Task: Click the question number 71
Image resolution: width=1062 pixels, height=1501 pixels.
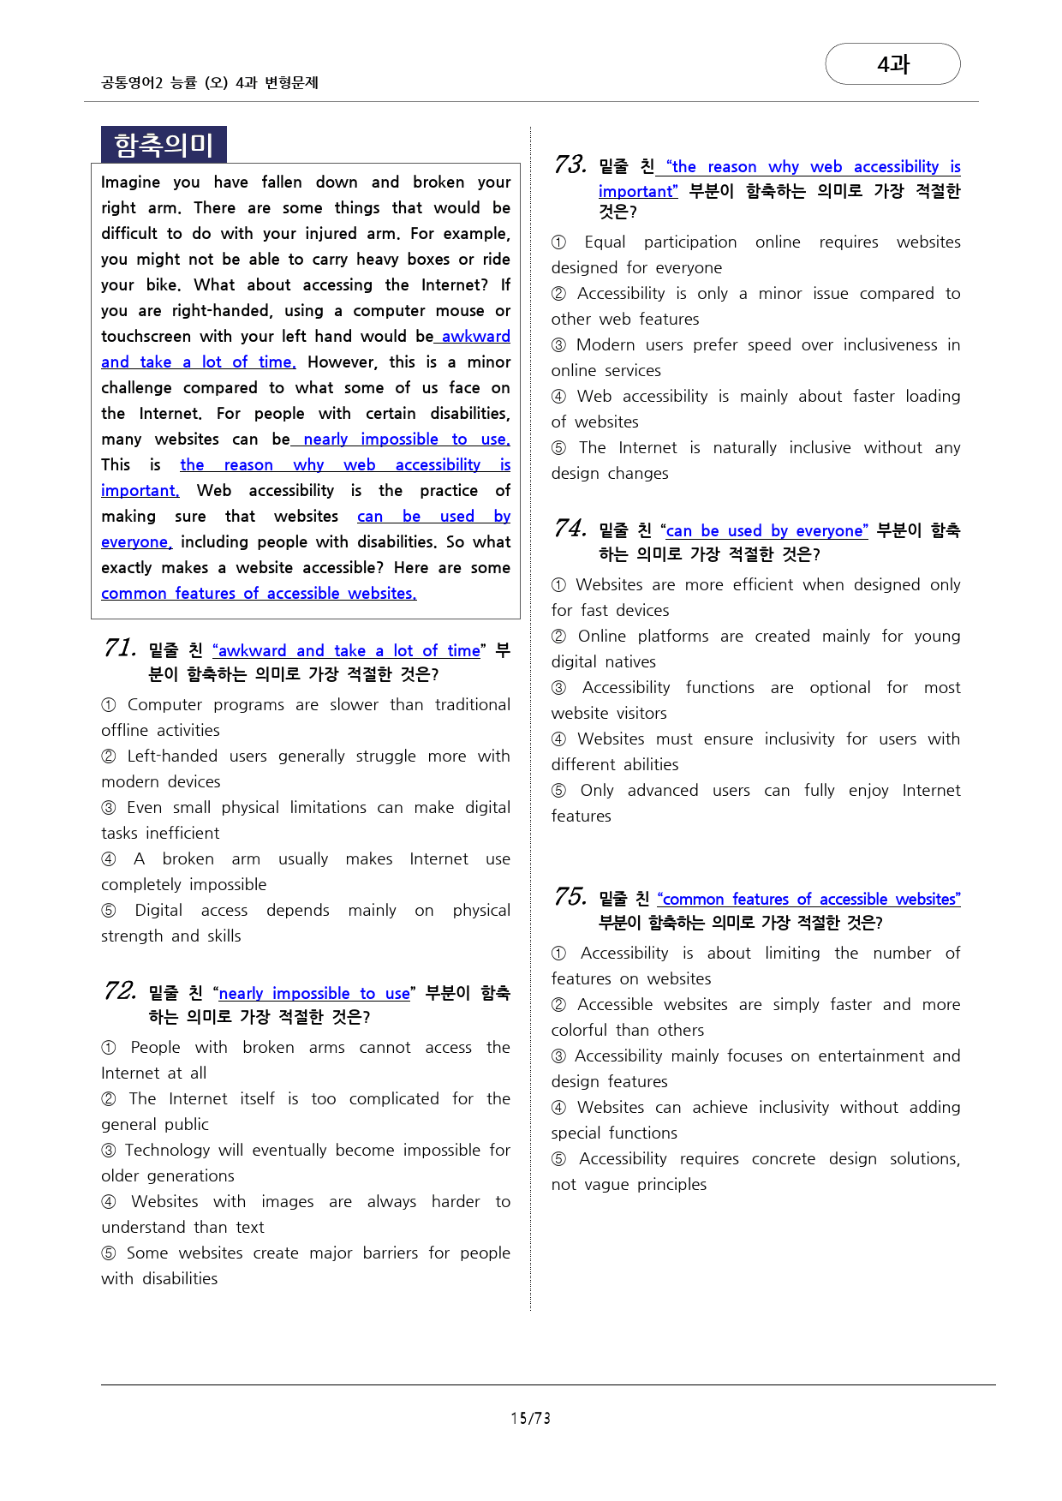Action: (x=120, y=648)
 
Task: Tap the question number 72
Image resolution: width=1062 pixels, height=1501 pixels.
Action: (x=120, y=990)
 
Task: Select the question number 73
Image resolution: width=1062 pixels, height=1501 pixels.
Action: (x=570, y=164)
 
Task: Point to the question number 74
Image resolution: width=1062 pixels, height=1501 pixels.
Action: (x=570, y=528)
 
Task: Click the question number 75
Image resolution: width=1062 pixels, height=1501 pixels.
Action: (x=570, y=896)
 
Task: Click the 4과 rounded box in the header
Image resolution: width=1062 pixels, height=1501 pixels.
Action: (x=892, y=64)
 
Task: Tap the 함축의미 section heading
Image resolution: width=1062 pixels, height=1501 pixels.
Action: (x=164, y=145)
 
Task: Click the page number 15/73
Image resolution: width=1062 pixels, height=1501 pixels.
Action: (x=530, y=1418)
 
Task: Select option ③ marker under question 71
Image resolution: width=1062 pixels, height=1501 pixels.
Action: (x=109, y=808)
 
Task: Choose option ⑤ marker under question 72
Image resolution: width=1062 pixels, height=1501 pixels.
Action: (x=109, y=1253)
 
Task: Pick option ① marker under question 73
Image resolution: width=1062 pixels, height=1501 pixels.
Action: (x=559, y=242)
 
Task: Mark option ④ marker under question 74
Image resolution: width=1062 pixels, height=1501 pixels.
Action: (x=559, y=739)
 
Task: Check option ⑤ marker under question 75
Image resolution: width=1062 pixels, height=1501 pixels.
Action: (x=559, y=1159)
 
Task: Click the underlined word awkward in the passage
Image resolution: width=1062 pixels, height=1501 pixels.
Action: (x=475, y=336)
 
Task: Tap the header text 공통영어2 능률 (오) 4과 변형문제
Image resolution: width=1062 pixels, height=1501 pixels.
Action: (x=210, y=82)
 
